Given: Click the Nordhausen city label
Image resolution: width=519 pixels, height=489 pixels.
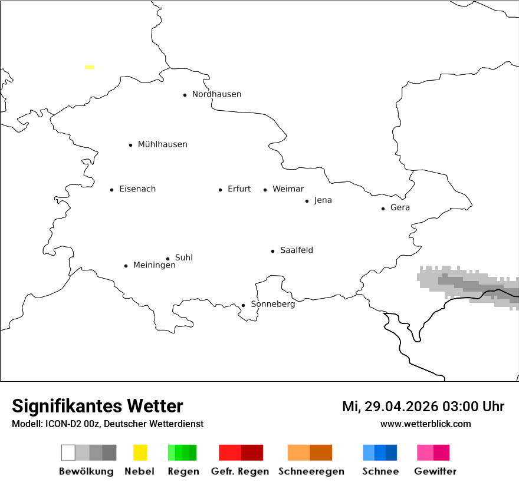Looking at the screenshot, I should pos(216,94).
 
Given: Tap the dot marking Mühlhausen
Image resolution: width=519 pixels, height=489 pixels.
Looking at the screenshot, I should pos(131,145).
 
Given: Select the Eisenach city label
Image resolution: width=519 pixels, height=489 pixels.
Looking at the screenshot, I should pos(137,189).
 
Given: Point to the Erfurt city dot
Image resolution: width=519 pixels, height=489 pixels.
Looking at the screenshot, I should pos(221,190).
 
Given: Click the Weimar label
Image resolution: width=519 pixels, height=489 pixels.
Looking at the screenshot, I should pos(288,189).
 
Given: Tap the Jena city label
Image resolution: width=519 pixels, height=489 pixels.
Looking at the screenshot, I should pos(323,200).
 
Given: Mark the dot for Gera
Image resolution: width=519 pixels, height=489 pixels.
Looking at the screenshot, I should pos(383,209).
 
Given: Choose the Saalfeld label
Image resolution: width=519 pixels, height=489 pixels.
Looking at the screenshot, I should pos(296,250).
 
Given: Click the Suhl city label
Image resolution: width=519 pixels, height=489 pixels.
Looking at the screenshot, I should pos(183,257).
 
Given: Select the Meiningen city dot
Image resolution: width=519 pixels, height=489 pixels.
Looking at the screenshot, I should pos(126,266).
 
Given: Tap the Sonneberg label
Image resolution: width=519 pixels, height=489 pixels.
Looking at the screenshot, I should pos(272,304).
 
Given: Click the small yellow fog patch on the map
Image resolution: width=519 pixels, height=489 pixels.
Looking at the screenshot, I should pos(90,67).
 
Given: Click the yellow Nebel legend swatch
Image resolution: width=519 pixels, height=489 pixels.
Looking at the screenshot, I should pos(140,452).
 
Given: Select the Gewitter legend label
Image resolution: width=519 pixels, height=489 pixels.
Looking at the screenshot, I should pos(435,471).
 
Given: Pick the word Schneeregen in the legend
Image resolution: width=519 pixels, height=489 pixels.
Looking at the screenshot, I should pos(311,471).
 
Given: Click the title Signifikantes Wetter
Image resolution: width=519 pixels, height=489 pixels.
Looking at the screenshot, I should pos(97,406).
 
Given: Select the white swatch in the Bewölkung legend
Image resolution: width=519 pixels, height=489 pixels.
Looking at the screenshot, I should pos(68,452).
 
